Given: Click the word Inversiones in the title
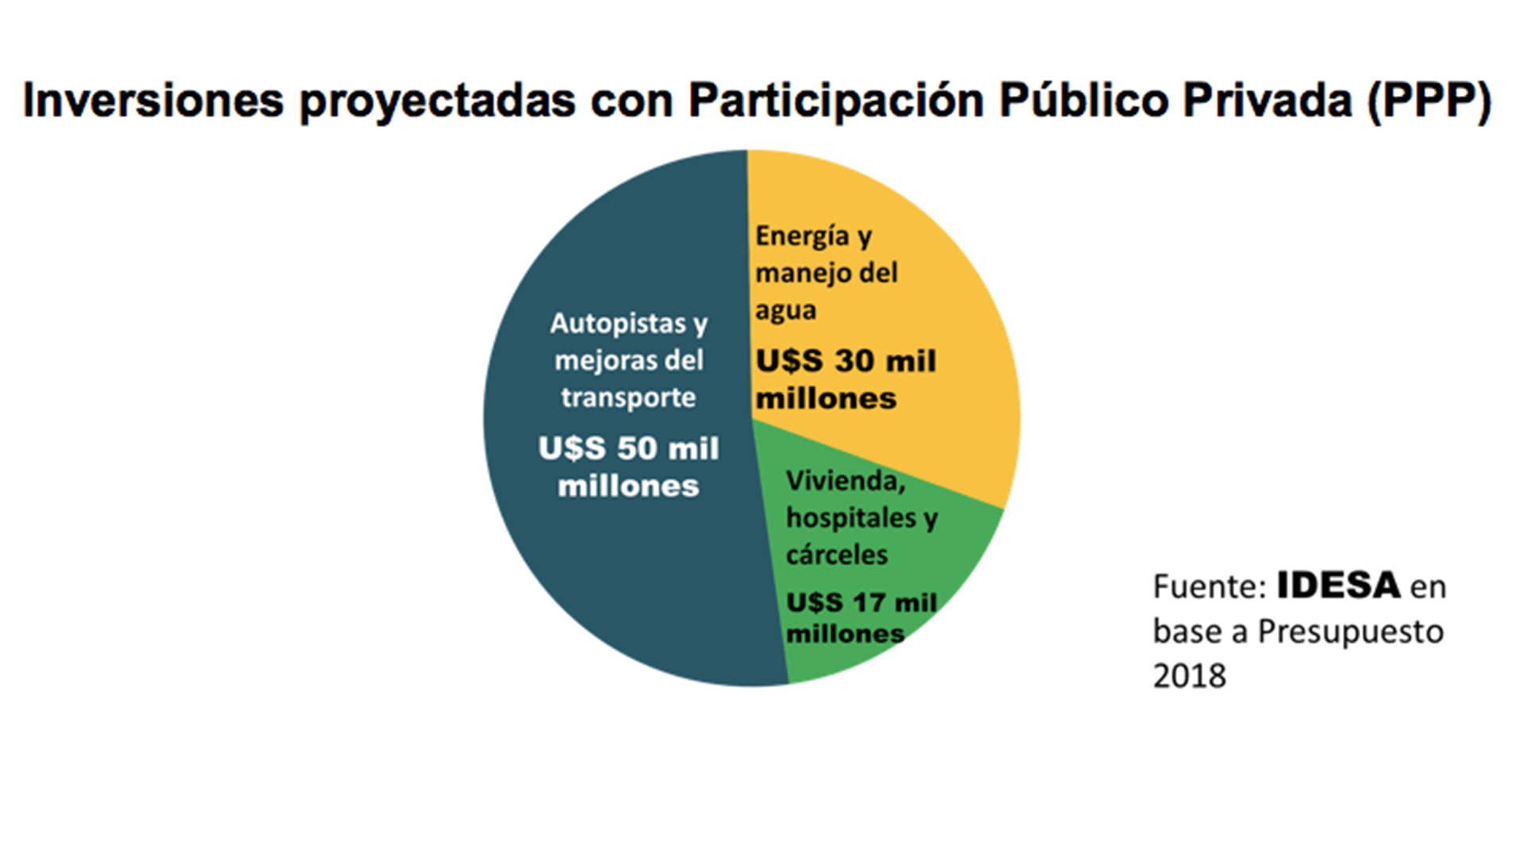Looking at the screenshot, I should point(153,101).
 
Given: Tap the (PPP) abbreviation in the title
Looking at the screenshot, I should point(1429,101).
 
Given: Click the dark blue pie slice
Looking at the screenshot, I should point(603,571).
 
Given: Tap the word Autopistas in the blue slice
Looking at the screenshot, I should point(618,323).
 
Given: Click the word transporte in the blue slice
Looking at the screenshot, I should point(628,397).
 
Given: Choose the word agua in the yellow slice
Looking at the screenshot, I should point(785,310).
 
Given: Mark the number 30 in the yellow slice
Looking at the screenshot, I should point(854,362).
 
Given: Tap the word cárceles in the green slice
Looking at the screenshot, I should point(836,555).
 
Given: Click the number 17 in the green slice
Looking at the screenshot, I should point(869,603).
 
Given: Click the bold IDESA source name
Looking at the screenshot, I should point(1338,586).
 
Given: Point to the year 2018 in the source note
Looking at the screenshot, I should point(1189,676).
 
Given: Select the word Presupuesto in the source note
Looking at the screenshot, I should point(1350,631).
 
